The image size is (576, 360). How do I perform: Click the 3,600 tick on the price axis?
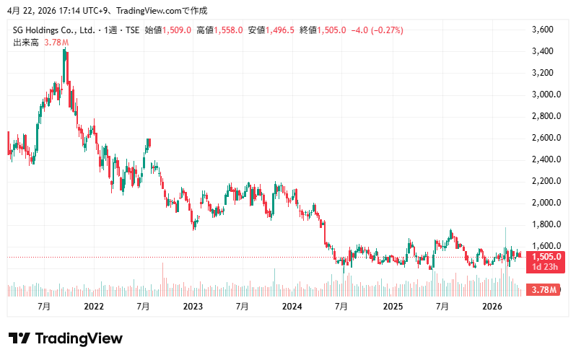pos(541,30)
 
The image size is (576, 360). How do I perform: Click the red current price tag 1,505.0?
pos(546,257)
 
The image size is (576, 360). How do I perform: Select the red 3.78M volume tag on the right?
pos(544,290)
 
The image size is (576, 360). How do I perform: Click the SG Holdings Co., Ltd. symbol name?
pos(55,30)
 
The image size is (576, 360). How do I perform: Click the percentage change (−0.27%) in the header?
pos(386,30)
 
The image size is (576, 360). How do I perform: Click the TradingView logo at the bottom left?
pos(65,338)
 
